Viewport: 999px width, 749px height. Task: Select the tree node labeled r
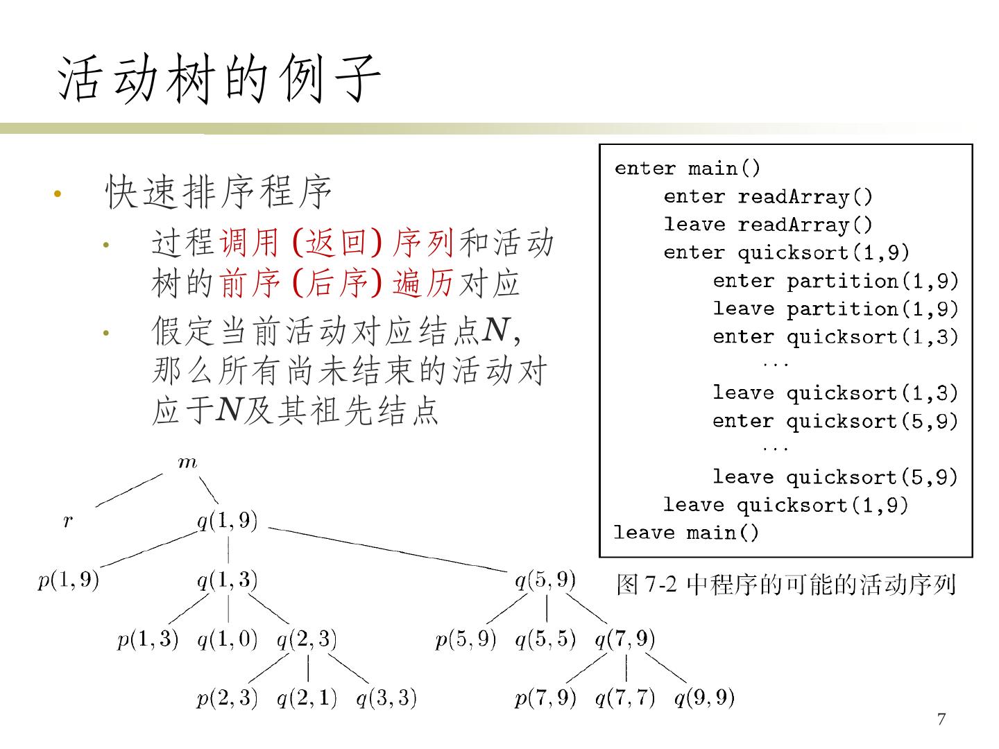[x=67, y=521]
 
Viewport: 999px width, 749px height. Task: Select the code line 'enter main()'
[x=688, y=169]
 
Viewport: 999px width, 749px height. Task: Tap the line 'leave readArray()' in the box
[x=768, y=225]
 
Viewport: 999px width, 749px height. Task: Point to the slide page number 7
[x=941, y=719]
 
